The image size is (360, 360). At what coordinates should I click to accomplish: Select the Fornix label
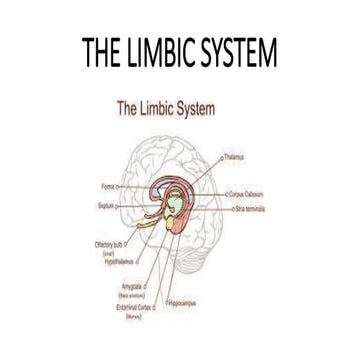pos(106,186)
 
